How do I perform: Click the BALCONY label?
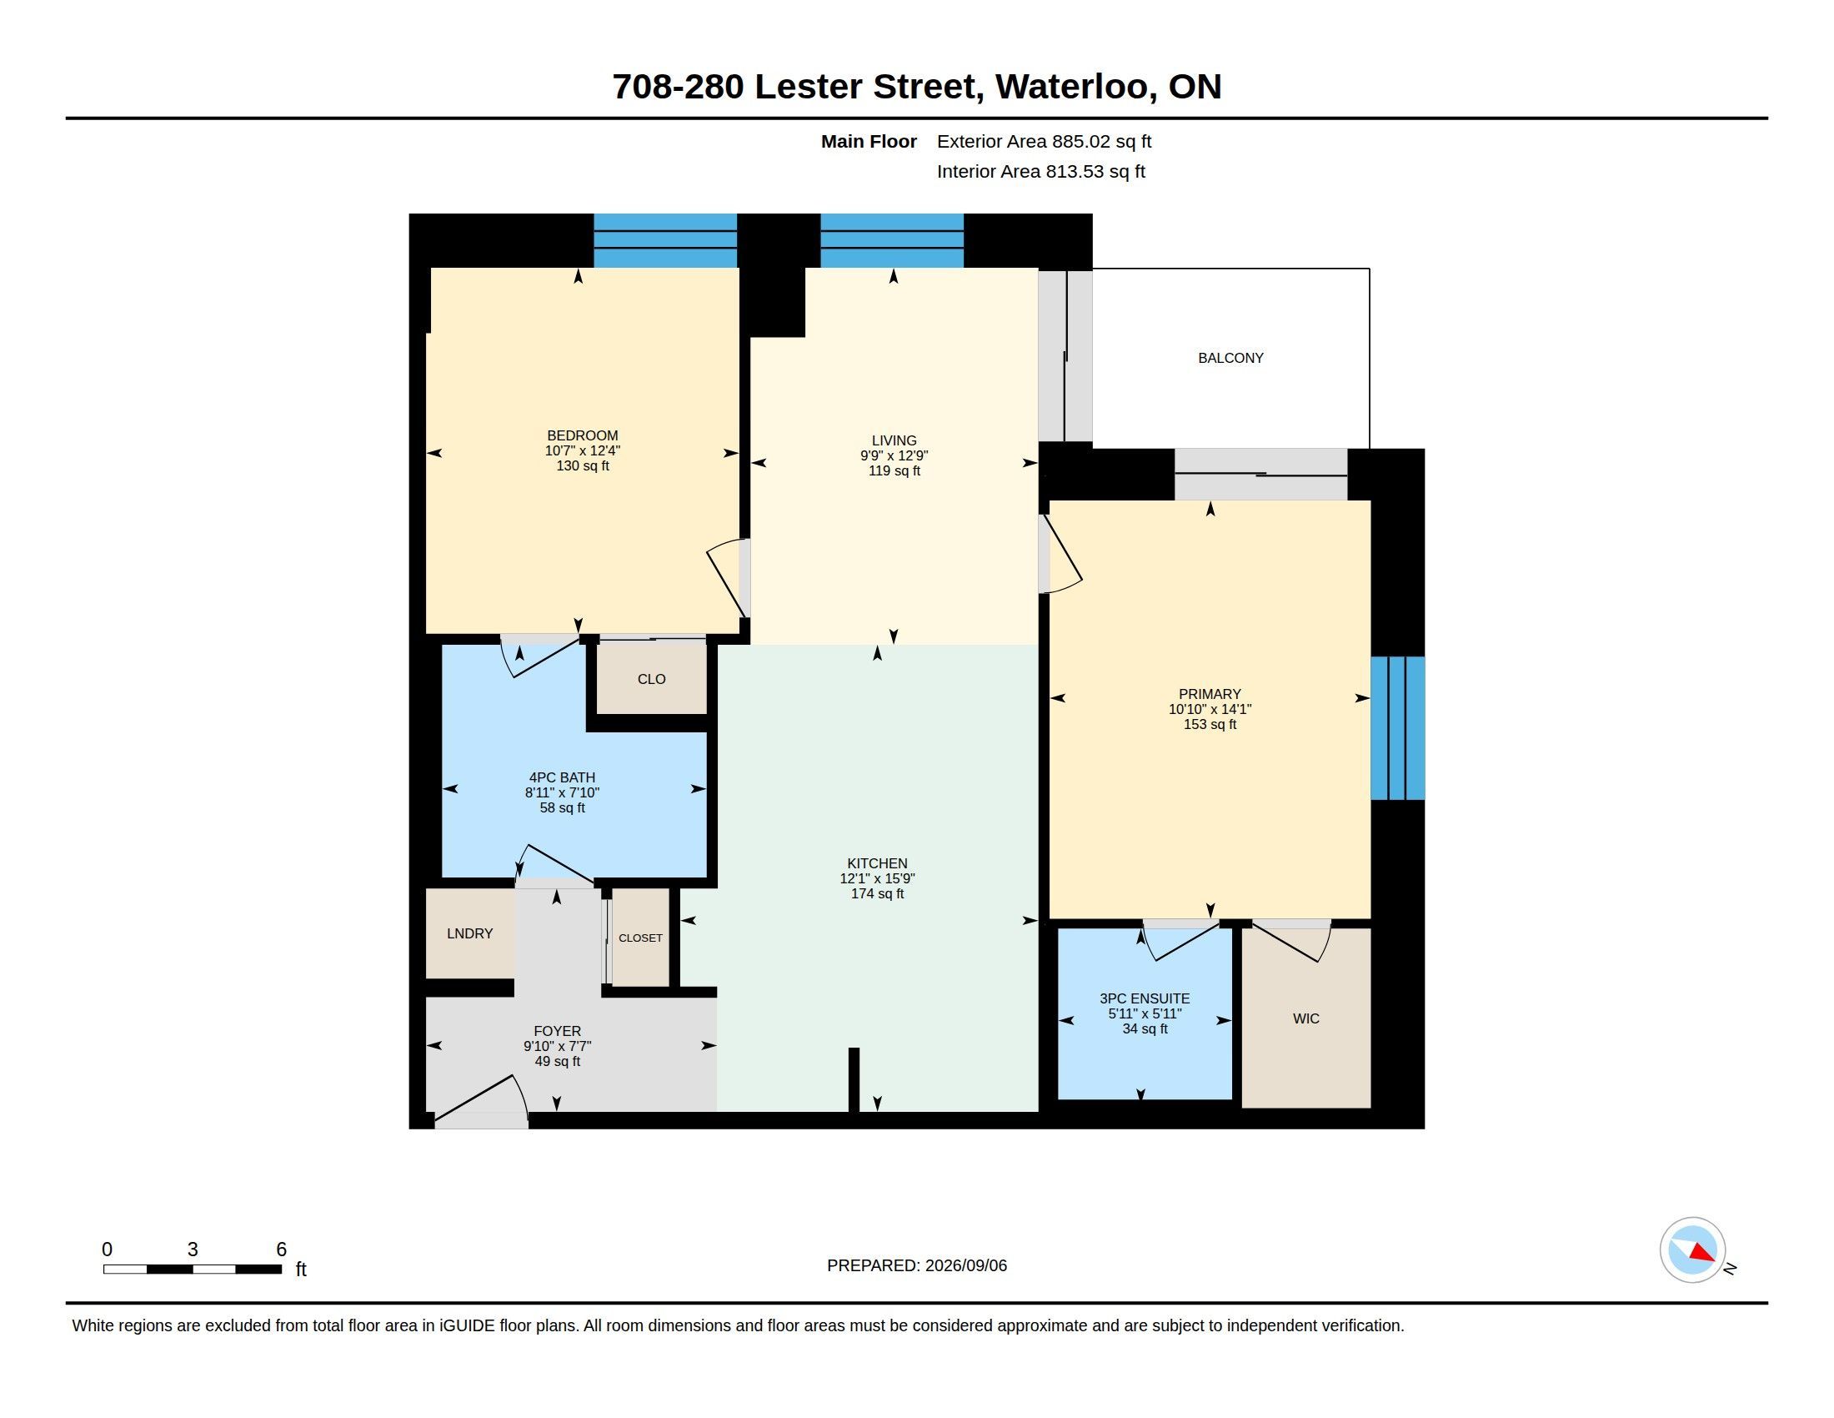(1230, 358)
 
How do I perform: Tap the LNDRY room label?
(469, 933)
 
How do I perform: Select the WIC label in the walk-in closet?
(1305, 1018)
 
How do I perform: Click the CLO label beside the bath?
(652, 679)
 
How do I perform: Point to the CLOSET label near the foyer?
(641, 938)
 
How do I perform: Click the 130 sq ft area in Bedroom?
(583, 465)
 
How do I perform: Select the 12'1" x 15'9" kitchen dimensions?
(878, 878)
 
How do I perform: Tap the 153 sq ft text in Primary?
(1210, 724)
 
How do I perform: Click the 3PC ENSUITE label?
(1145, 998)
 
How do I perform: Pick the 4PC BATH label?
(562, 777)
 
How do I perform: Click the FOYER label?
(558, 1031)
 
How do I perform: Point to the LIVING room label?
(894, 440)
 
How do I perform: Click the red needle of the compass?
(1702, 1253)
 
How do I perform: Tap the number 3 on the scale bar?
(193, 1250)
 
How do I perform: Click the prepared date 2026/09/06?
(965, 1265)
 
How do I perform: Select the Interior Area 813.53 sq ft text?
(1041, 171)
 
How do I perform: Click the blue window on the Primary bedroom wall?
(1398, 727)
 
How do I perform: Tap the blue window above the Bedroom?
(665, 240)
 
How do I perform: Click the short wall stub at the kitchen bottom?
(854, 1080)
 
